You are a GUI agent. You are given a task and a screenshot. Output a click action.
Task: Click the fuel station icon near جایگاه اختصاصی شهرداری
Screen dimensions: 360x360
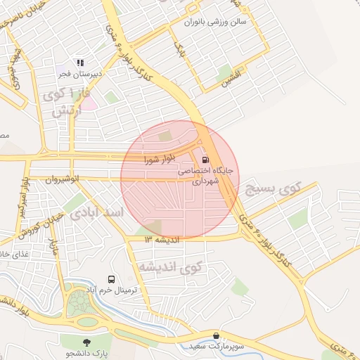tap(205, 159)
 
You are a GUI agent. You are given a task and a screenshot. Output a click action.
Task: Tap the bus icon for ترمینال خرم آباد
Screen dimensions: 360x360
tap(111, 279)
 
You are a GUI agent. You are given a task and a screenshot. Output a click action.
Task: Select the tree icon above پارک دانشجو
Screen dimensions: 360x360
tap(86, 342)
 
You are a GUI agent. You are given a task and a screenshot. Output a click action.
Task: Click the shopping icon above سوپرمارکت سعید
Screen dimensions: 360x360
tap(216, 336)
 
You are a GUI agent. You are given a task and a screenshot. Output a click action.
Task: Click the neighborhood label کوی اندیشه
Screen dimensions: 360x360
tap(169, 266)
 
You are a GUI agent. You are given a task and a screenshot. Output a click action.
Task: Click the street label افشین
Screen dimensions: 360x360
tap(230, 78)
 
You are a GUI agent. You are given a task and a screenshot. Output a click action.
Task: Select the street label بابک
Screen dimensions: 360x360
tap(178, 49)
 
